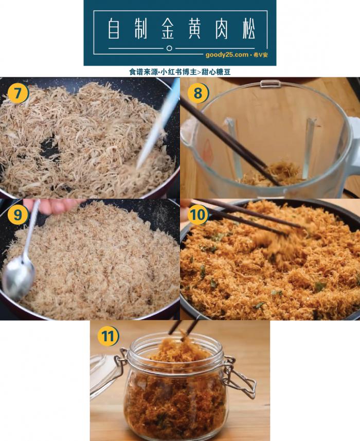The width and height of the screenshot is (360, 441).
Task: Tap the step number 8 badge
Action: point(198,94)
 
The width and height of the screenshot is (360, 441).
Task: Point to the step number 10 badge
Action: point(198,215)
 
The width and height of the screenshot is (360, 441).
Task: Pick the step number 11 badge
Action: point(108,337)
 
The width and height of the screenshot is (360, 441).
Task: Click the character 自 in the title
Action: point(114,29)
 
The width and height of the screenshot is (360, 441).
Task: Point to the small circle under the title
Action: point(169,48)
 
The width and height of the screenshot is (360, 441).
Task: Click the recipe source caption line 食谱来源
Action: point(179,72)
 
